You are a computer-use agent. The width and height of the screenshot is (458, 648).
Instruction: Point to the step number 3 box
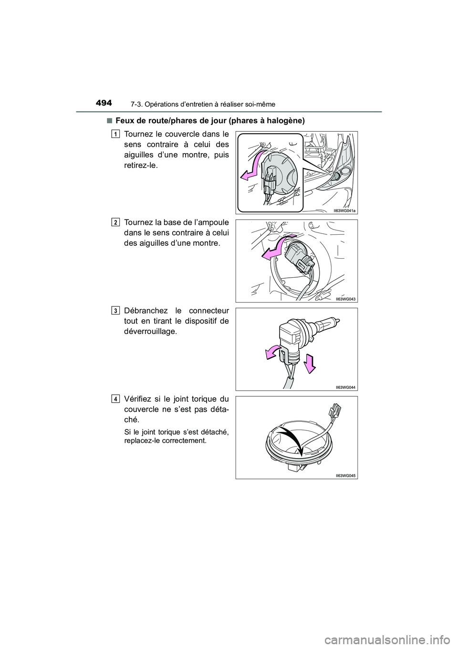point(116,311)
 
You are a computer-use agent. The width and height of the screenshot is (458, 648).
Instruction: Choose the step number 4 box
point(116,398)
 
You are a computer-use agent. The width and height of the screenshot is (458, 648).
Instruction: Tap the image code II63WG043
point(346,298)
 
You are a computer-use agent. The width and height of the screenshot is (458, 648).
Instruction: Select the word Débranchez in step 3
point(146,311)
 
